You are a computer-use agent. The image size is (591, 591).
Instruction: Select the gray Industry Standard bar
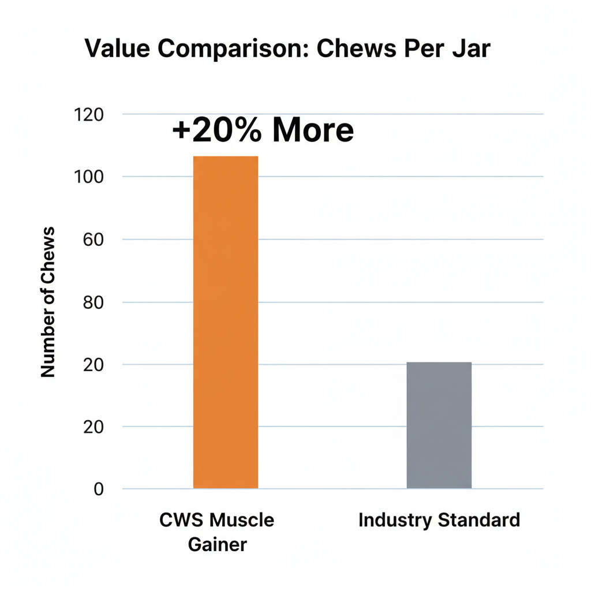coord(439,425)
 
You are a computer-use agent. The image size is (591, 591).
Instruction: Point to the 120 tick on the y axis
coord(89,114)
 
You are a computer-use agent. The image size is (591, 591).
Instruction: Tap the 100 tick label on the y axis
coord(89,177)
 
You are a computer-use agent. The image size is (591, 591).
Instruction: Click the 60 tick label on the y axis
coord(92,240)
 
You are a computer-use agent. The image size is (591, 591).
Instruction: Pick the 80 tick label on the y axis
coord(92,302)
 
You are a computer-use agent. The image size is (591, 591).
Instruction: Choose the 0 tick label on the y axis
coord(98,489)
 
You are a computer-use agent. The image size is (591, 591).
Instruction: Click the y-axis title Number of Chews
coord(48,302)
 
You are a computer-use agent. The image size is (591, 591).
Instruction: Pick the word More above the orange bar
coord(312,131)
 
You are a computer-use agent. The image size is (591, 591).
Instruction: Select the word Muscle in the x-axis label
coord(242,520)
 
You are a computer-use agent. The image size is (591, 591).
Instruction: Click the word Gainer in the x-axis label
coord(218,544)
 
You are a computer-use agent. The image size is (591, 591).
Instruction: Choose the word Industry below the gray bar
coord(395,520)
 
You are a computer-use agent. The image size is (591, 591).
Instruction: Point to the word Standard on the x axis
coord(478,520)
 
